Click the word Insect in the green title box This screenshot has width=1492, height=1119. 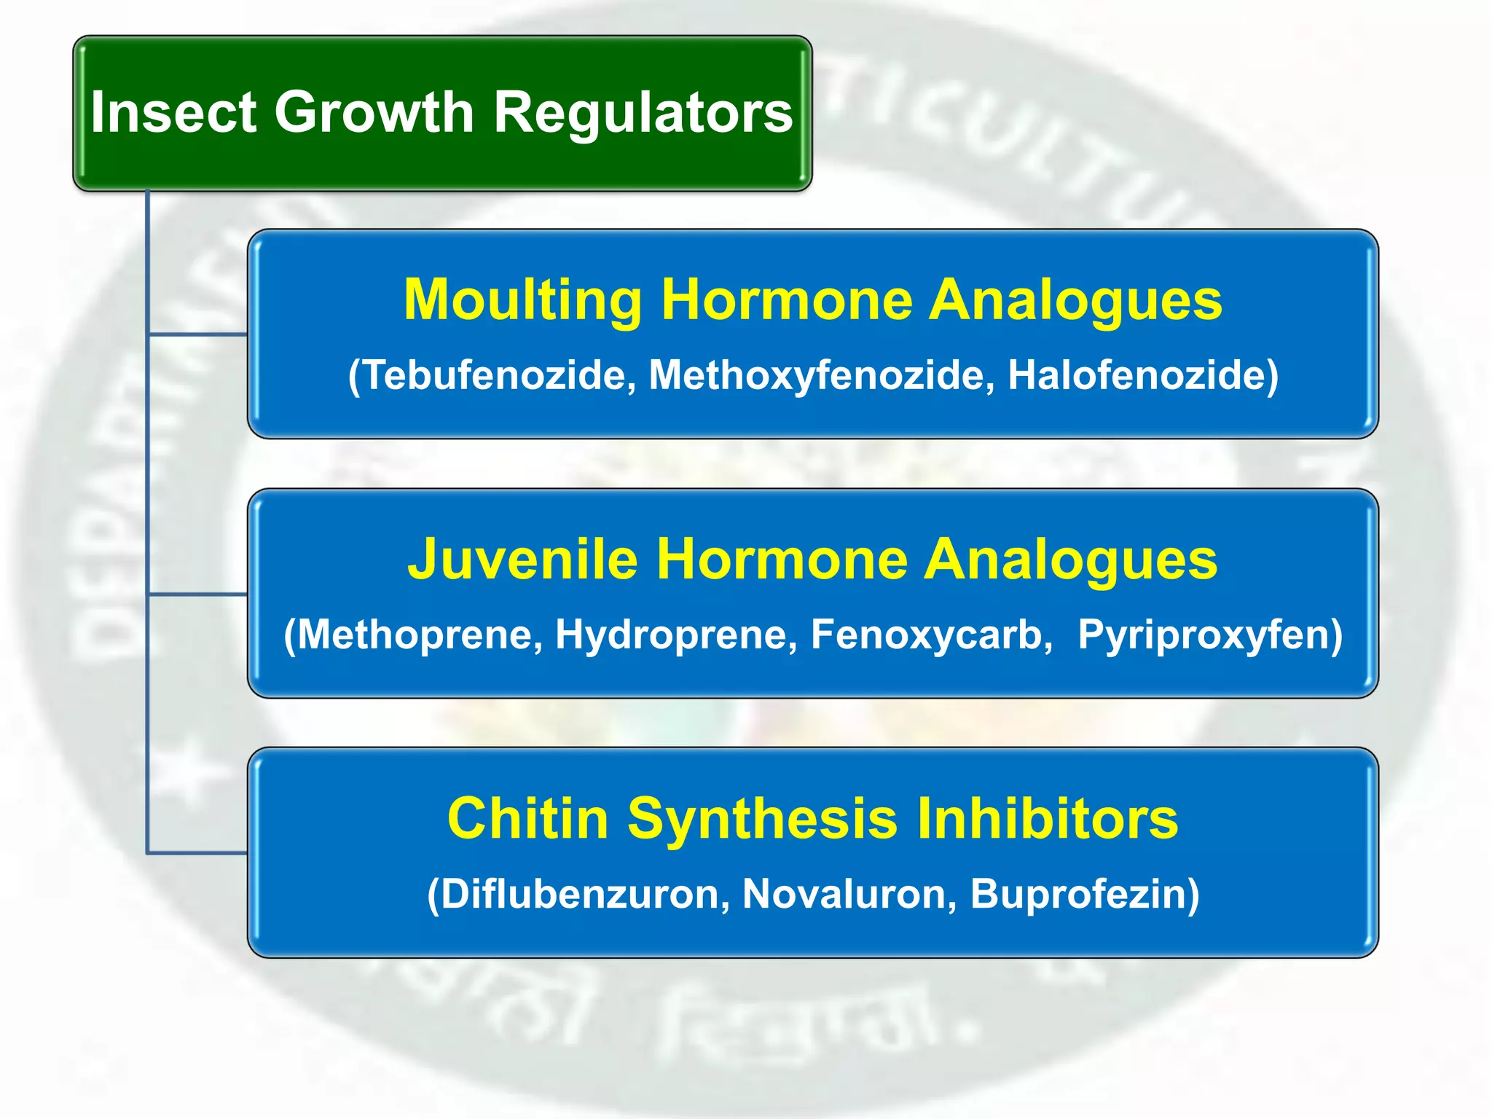(173, 112)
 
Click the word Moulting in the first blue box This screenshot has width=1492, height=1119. (522, 300)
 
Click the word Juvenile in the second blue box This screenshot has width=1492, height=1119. (522, 559)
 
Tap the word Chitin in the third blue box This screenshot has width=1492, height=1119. (527, 819)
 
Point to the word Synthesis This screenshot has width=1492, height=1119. (762, 819)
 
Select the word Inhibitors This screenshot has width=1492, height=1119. (1047, 819)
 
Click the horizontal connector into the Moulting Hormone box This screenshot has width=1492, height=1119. (197, 334)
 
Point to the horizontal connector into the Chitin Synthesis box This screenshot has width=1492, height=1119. (197, 852)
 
